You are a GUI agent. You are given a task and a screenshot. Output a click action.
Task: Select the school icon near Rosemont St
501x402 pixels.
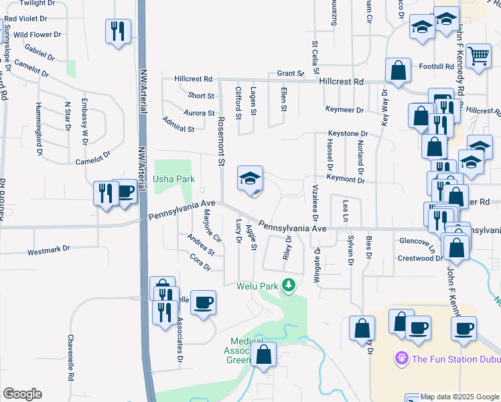[x=250, y=179]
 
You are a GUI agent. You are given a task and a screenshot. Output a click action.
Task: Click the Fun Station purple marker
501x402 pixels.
[x=402, y=358]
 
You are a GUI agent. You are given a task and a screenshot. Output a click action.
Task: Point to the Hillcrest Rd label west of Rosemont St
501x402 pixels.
[x=194, y=78]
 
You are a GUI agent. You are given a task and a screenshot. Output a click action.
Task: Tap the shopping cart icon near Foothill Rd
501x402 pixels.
[x=478, y=58]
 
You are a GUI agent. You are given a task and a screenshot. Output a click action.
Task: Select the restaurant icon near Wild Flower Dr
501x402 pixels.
[x=117, y=31]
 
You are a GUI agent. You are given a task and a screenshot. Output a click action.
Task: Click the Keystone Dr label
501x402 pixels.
[x=348, y=134]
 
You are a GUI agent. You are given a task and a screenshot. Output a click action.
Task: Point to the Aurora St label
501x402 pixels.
[x=200, y=113]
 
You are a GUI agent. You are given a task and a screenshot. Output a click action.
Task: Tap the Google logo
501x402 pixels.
[x=22, y=394]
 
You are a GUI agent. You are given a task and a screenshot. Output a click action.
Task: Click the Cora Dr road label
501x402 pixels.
[x=200, y=261]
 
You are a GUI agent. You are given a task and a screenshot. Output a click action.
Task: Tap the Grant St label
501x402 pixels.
[x=291, y=73]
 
